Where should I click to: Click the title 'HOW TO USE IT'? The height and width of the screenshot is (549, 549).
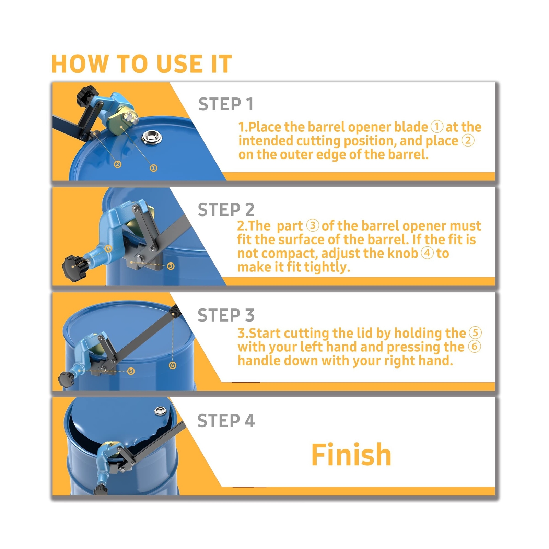[142, 64]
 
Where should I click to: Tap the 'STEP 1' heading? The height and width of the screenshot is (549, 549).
[226, 104]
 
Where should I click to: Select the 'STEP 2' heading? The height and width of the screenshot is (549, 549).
[226, 210]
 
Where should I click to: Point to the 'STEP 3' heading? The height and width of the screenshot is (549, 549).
[226, 315]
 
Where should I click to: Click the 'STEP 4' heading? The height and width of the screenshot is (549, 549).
[226, 421]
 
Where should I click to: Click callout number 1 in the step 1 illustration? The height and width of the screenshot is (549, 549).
[154, 168]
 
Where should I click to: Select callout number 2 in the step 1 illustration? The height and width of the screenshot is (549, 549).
[118, 165]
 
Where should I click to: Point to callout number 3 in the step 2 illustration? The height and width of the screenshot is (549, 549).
[171, 266]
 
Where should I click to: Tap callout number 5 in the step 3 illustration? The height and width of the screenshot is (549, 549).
[131, 371]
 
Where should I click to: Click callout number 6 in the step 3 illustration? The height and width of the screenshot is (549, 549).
[173, 365]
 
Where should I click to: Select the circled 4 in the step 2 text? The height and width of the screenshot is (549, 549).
[427, 253]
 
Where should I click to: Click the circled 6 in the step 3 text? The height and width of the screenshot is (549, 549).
[475, 346]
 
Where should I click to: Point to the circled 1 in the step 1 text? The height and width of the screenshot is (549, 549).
[437, 127]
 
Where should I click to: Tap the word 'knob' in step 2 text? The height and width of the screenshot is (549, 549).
[402, 253]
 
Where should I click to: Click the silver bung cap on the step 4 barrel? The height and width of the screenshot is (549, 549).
[160, 410]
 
